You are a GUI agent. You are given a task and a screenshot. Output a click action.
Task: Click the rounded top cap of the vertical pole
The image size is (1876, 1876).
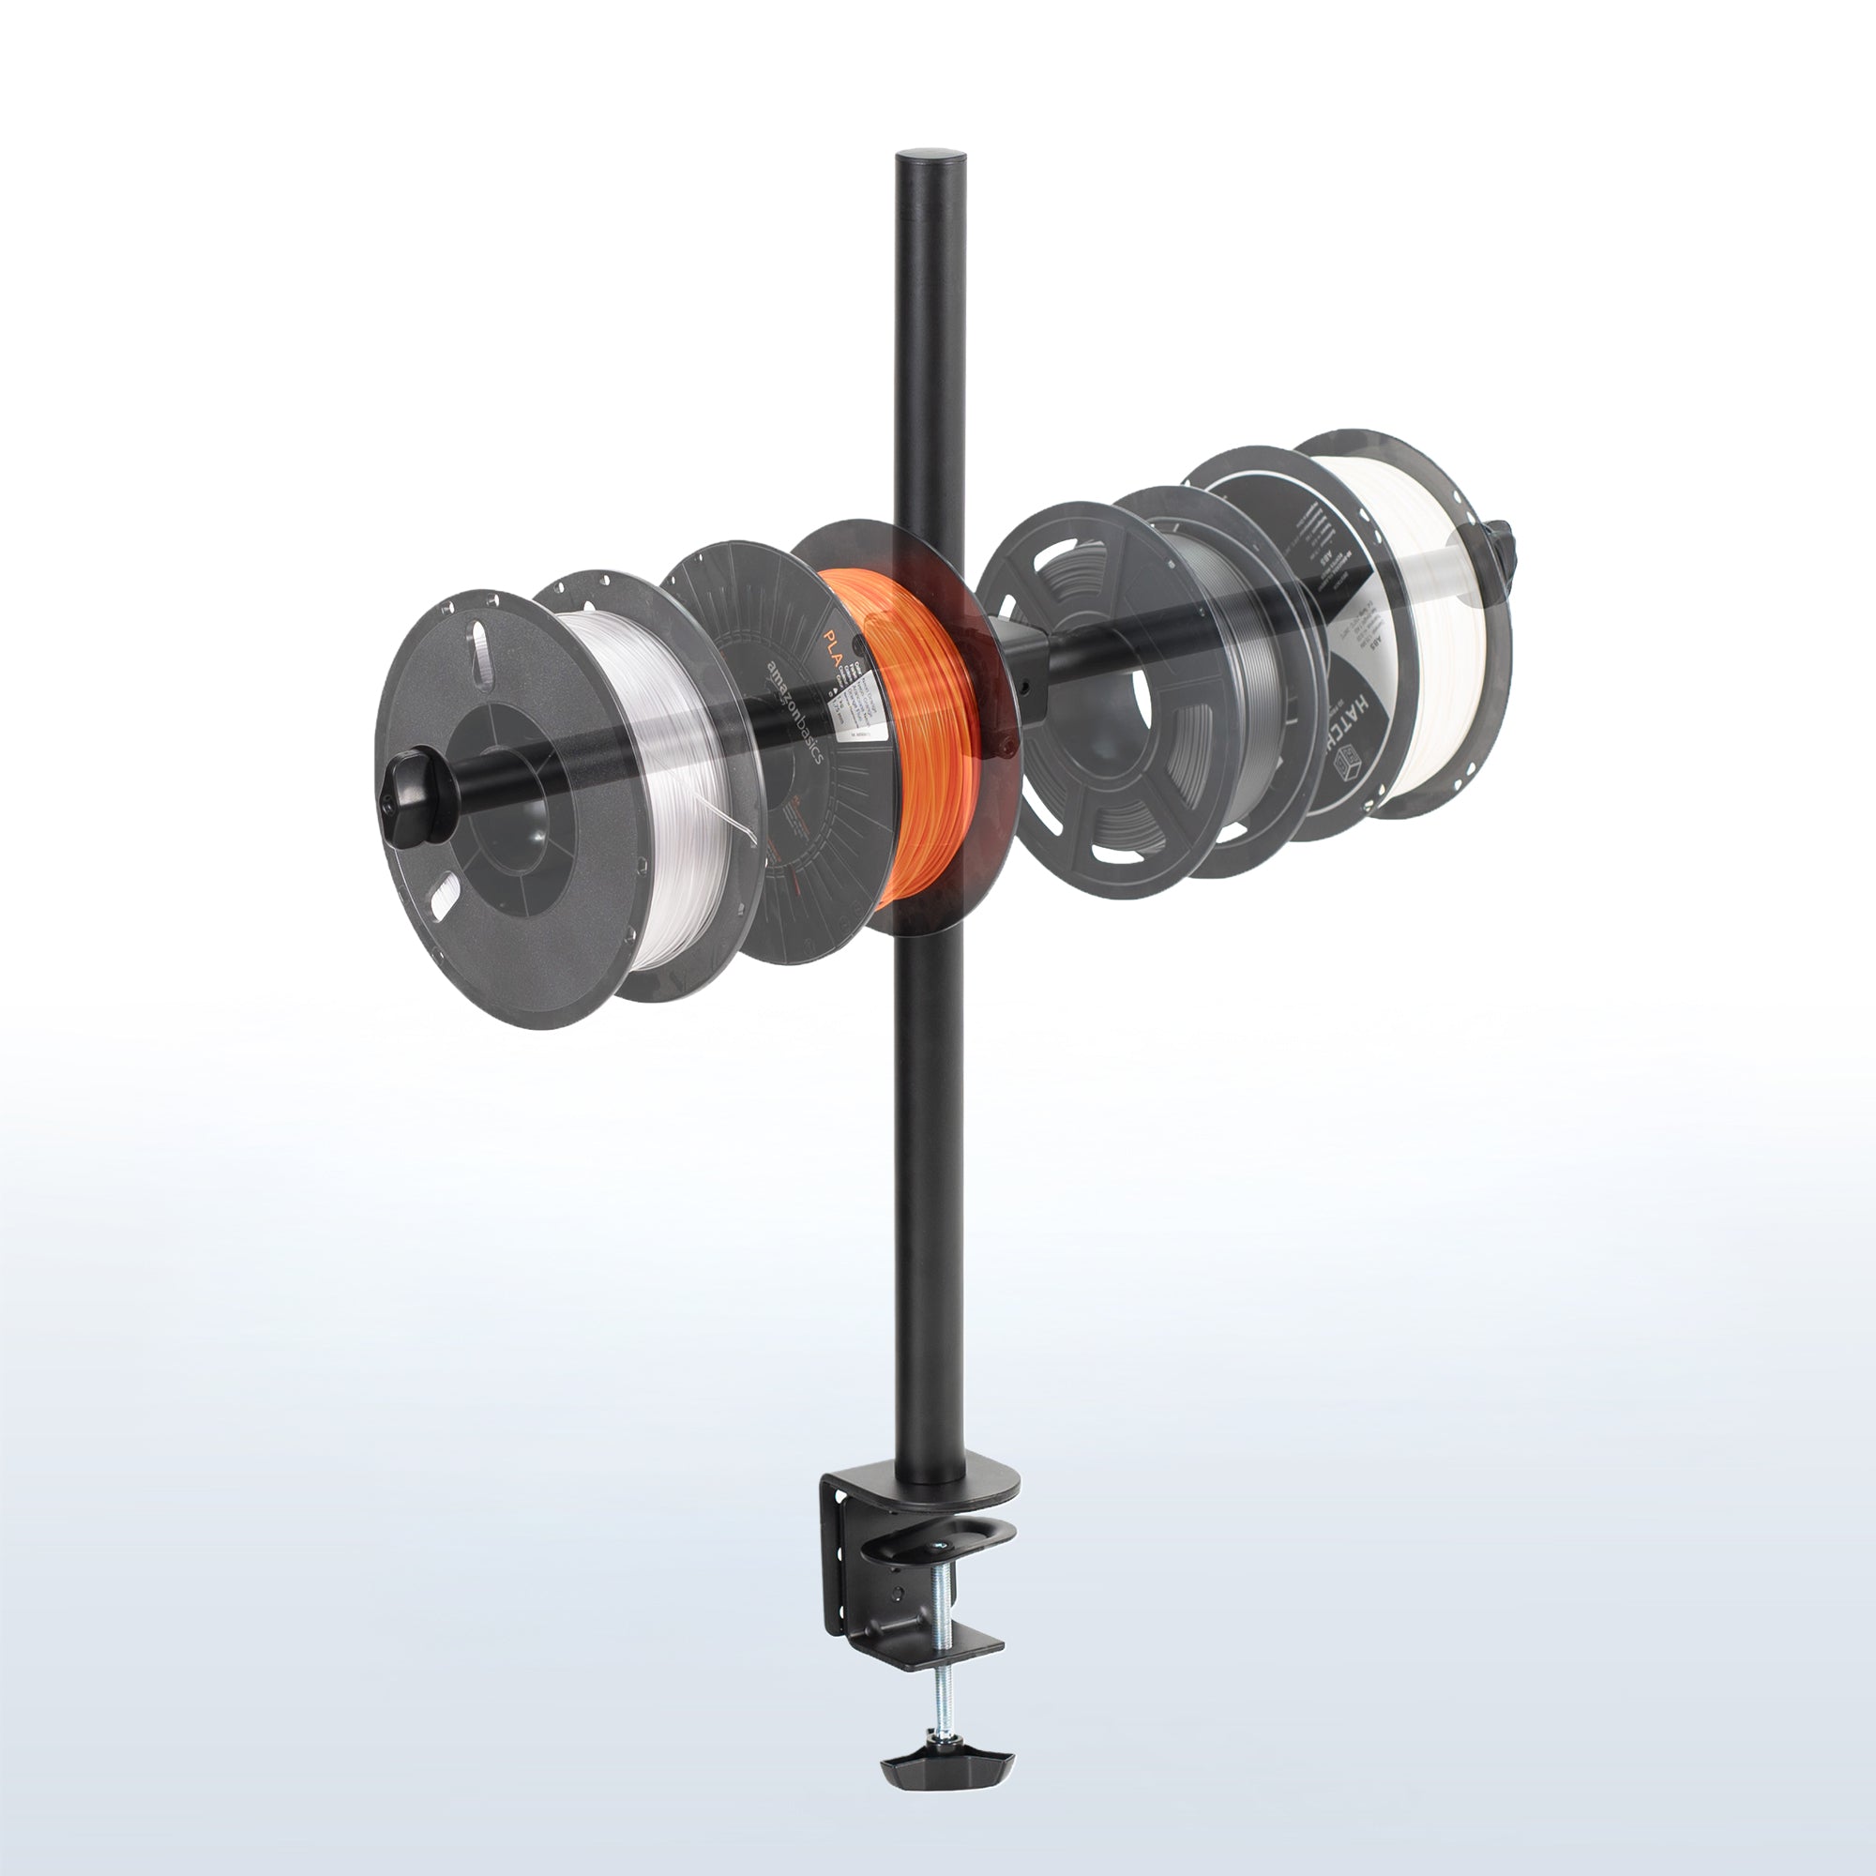click(x=930, y=158)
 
